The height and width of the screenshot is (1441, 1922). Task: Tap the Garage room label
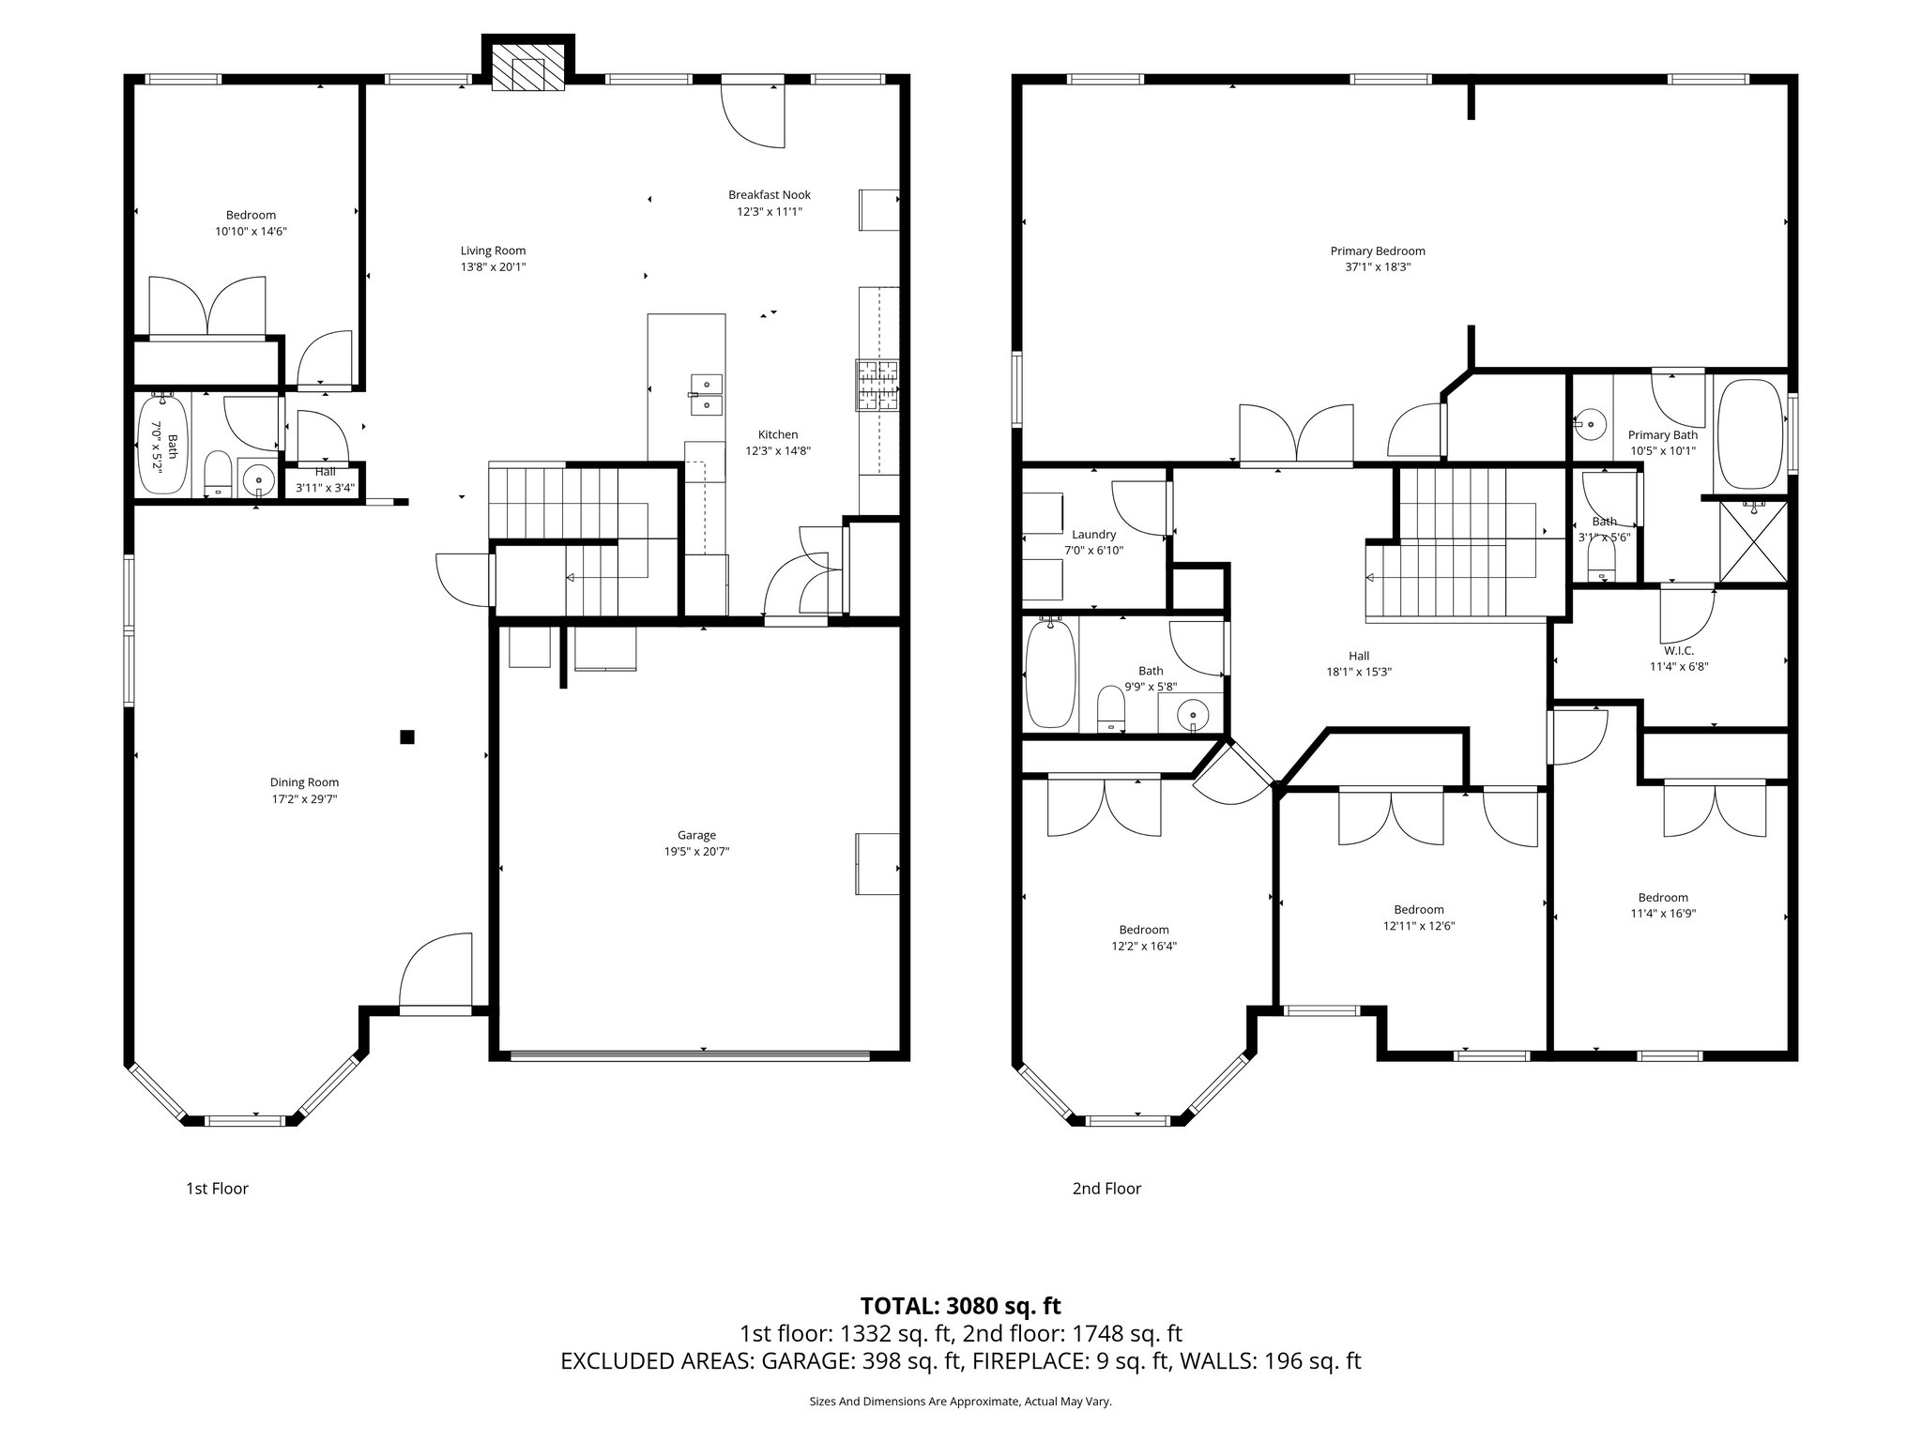(696, 835)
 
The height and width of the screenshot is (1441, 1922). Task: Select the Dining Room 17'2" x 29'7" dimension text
(304, 799)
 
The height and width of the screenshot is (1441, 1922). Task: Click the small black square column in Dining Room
(407, 737)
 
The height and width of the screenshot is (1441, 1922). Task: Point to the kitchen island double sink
(706, 395)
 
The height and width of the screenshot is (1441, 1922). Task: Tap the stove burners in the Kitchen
(877, 386)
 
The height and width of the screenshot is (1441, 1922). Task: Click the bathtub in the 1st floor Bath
(163, 444)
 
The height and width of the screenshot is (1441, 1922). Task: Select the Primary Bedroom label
(1377, 250)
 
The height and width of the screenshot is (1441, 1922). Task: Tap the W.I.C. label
(1678, 650)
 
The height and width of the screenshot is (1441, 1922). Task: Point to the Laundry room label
(1093, 535)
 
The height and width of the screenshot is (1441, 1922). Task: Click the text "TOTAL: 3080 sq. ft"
(960, 1306)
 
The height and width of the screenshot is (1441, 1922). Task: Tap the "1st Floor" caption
(217, 1189)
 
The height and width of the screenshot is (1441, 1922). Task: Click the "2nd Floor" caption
(1106, 1189)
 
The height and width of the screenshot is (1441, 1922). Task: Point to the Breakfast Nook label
(769, 195)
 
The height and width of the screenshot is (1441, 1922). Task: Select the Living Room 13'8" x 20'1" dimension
(493, 267)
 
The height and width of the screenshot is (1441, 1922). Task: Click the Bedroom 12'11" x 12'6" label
(1418, 909)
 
